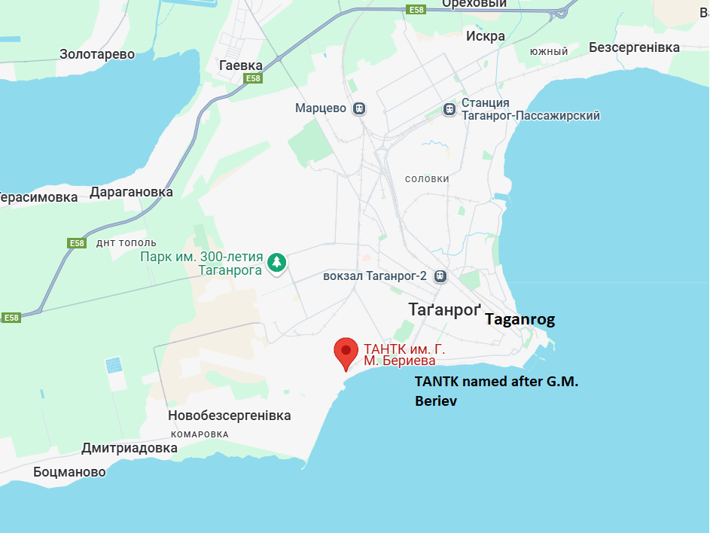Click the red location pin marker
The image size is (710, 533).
pyautogui.click(x=346, y=352)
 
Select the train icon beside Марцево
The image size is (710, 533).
pyautogui.click(x=360, y=108)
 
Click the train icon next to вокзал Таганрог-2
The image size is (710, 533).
pyautogui.click(x=440, y=276)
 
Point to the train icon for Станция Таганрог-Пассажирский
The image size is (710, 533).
pyautogui.click(x=449, y=109)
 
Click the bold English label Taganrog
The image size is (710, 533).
pyautogui.click(x=520, y=319)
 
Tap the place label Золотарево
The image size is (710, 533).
pyautogui.click(x=97, y=54)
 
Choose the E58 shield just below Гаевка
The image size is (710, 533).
pyautogui.click(x=252, y=78)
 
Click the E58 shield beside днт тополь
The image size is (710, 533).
pyautogui.click(x=77, y=243)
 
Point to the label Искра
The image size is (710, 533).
pyautogui.click(x=486, y=36)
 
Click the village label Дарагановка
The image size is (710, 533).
pyautogui.click(x=131, y=192)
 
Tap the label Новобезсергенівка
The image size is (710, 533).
pyautogui.click(x=230, y=416)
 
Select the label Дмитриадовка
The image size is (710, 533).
pyautogui.click(x=130, y=448)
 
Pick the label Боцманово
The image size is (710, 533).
pyautogui.click(x=69, y=472)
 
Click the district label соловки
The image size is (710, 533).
pyautogui.click(x=427, y=179)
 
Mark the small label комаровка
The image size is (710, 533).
pyautogui.click(x=200, y=434)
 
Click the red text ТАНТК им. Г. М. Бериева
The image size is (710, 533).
pyautogui.click(x=399, y=355)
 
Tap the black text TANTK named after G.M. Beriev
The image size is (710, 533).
pyautogui.click(x=496, y=391)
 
